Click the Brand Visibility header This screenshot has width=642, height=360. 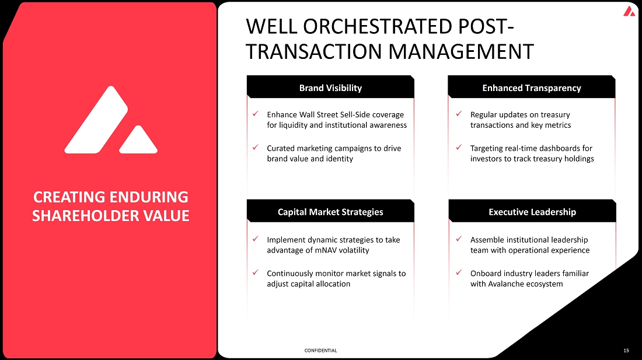tap(330, 88)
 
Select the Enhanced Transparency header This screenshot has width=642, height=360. tap(532, 88)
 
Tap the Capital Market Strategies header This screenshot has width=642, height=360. tap(330, 212)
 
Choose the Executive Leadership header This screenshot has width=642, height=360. tap(532, 212)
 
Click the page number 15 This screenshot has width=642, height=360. tap(626, 351)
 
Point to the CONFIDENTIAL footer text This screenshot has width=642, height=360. tap(320, 351)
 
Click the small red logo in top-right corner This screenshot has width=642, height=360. tap(629, 11)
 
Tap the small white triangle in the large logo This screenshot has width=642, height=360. tap(138, 140)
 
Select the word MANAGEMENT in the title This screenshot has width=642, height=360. tap(460, 52)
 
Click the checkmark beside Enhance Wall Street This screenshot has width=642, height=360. tap(255, 114)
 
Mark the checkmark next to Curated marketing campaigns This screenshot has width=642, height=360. tap(255, 147)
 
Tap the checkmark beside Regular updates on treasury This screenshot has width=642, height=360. tap(459, 114)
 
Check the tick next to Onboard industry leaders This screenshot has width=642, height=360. tap(459, 272)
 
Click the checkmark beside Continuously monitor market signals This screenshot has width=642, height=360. tap(255, 272)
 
